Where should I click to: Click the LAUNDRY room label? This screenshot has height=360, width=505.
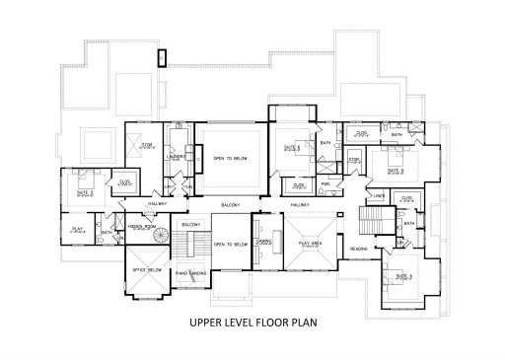click(179, 156)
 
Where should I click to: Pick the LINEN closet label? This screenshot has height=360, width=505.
click(380, 195)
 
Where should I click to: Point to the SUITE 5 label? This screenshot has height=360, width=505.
click(396, 170)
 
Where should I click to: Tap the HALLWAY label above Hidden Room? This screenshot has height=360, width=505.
click(157, 203)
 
